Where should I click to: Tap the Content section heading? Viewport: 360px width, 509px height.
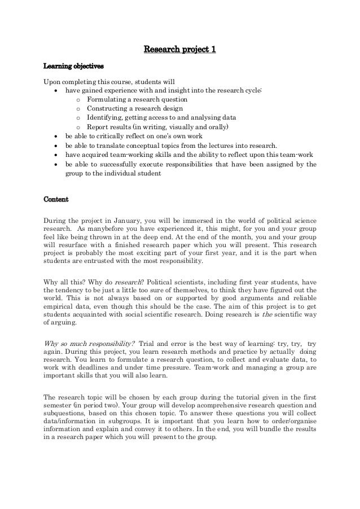tap(56, 199)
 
